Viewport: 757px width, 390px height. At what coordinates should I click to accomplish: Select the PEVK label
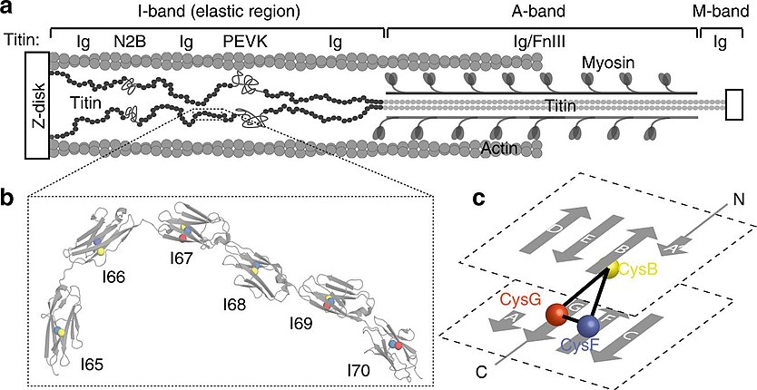242,41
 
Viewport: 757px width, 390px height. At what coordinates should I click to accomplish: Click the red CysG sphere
556,316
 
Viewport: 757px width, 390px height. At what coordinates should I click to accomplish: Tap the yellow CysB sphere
614,268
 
